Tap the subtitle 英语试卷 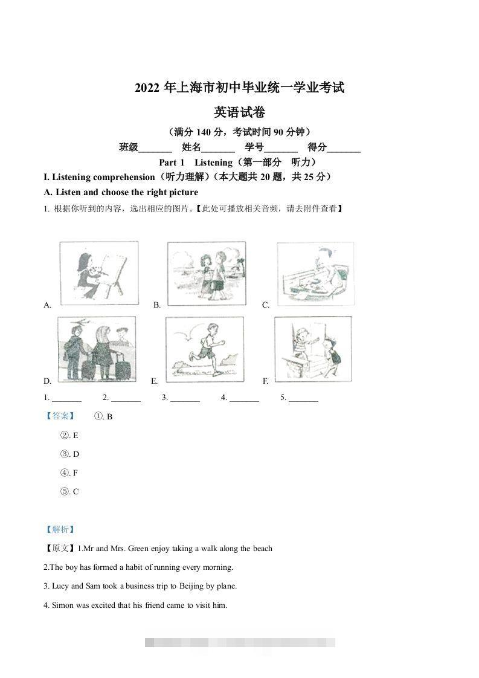239,112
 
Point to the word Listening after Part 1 213,163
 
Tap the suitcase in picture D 123,364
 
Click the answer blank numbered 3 184,398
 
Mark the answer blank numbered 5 303,398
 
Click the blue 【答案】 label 59,416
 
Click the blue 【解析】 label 59,530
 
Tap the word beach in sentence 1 262,549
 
